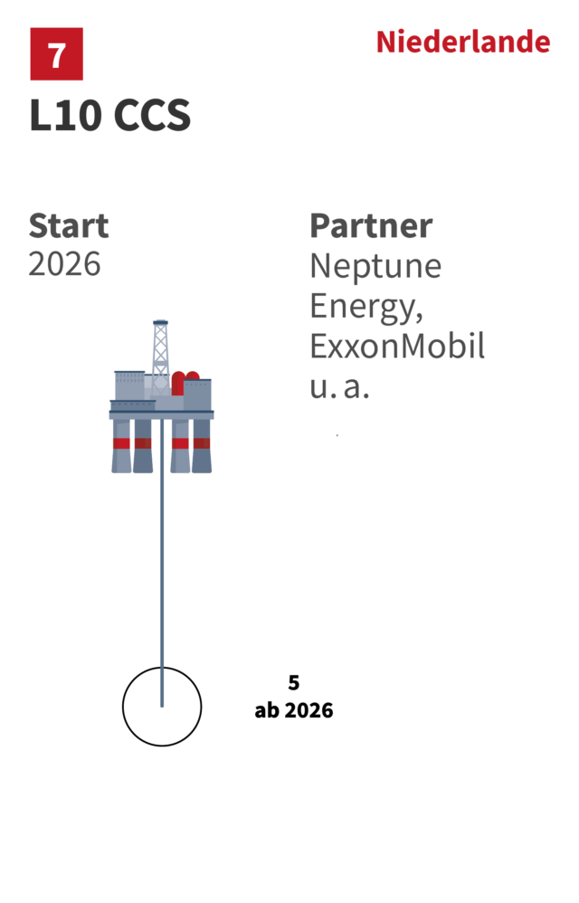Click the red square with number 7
[56, 54]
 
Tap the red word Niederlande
[462, 43]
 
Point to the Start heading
[68, 225]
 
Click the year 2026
[64, 264]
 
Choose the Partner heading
[371, 225]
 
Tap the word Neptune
[375, 266]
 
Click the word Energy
[365, 307]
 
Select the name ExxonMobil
[397, 347]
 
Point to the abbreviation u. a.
[339, 386]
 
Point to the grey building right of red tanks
[199, 394]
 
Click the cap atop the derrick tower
[160, 321]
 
